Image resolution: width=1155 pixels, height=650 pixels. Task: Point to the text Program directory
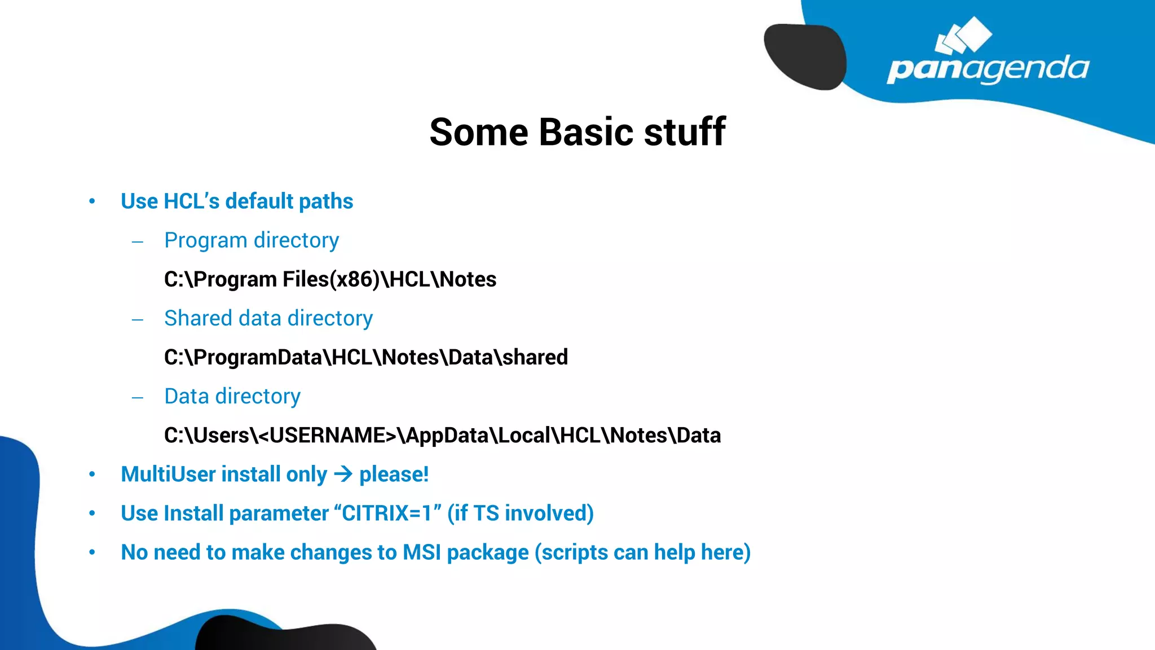click(252, 240)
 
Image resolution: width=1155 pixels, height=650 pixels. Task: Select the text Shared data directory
click(268, 318)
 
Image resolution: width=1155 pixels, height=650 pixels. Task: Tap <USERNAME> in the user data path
click(327, 436)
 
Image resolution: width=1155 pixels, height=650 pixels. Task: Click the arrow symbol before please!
click(343, 474)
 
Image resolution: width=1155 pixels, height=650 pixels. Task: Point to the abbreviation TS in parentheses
click(486, 513)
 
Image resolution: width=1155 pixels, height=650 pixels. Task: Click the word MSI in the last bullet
click(421, 552)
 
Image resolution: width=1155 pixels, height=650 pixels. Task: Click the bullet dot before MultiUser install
click(92, 475)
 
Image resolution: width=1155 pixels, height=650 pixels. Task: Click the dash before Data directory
click(138, 398)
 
